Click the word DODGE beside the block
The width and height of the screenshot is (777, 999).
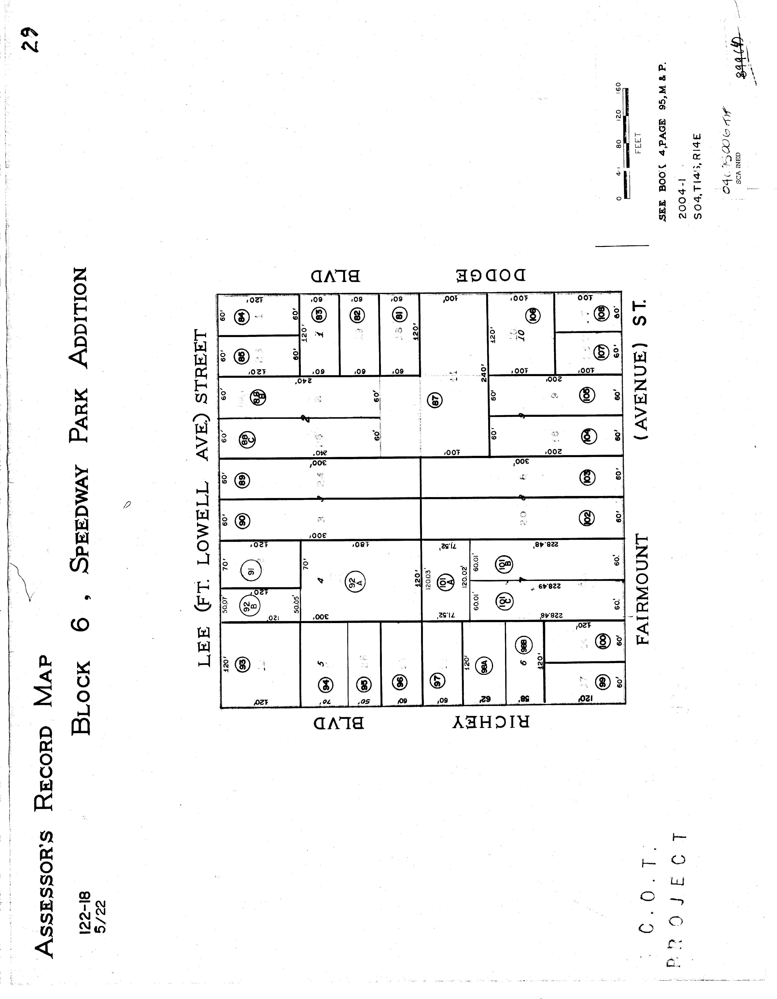coord(491,275)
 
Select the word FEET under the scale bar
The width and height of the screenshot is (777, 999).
coord(638,143)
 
